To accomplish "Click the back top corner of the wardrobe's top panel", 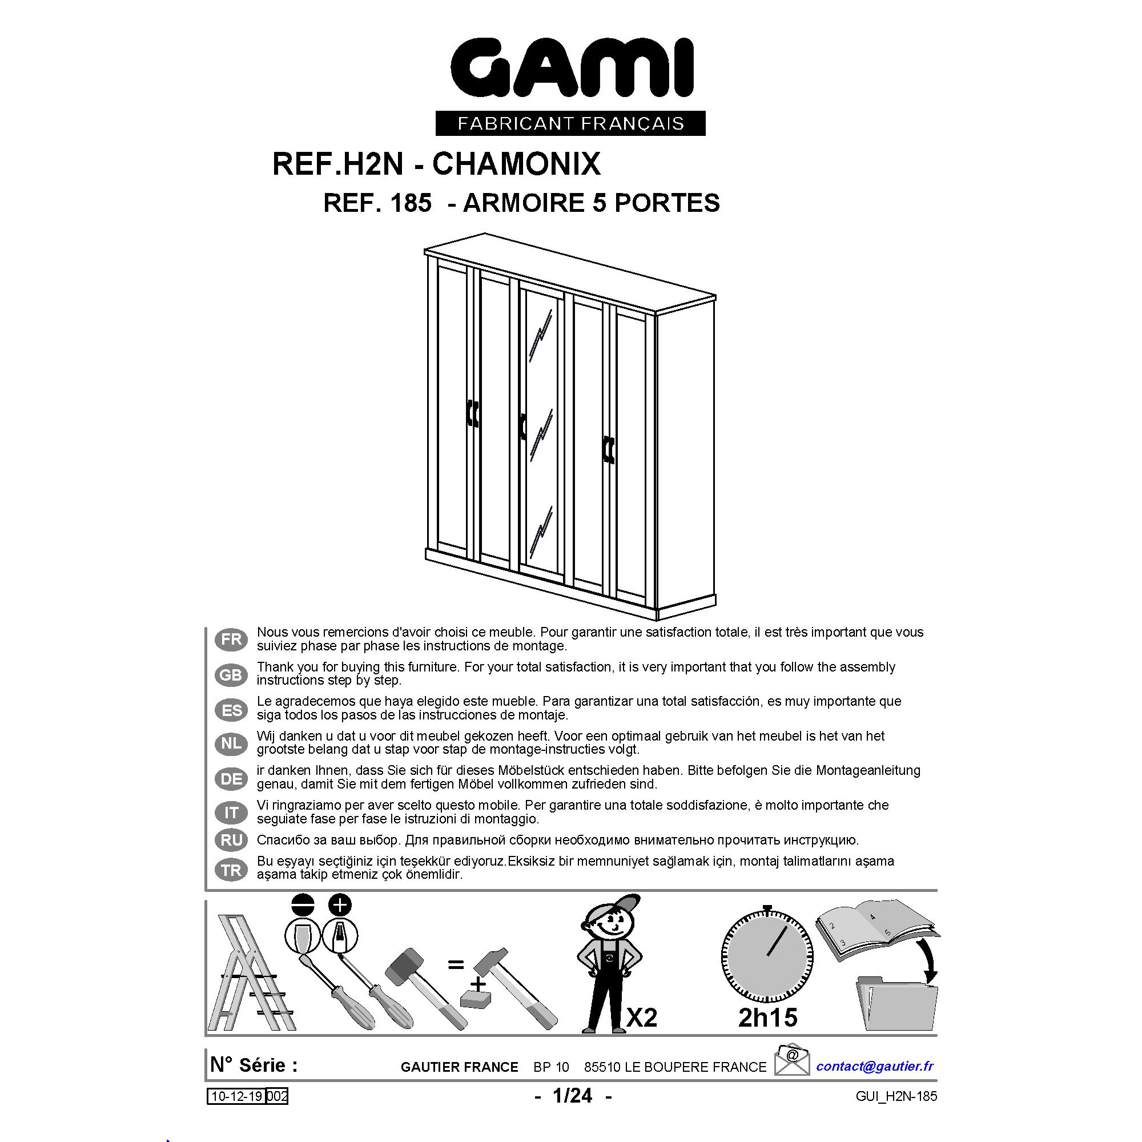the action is coord(485,234).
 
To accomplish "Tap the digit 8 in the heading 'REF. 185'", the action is coord(404,203).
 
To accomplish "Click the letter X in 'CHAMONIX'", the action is coord(589,164).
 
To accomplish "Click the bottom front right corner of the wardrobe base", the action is coord(658,624).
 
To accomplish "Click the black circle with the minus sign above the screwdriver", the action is coord(303,906).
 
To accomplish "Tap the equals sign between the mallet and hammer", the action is coord(455,965).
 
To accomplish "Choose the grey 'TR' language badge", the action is coord(231,870).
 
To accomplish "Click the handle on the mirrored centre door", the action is coord(522,427).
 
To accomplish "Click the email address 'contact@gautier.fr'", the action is coord(875,1066).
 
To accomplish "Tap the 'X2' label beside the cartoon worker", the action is coord(642,1018).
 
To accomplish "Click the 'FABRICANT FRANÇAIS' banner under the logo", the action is coord(570,123).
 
